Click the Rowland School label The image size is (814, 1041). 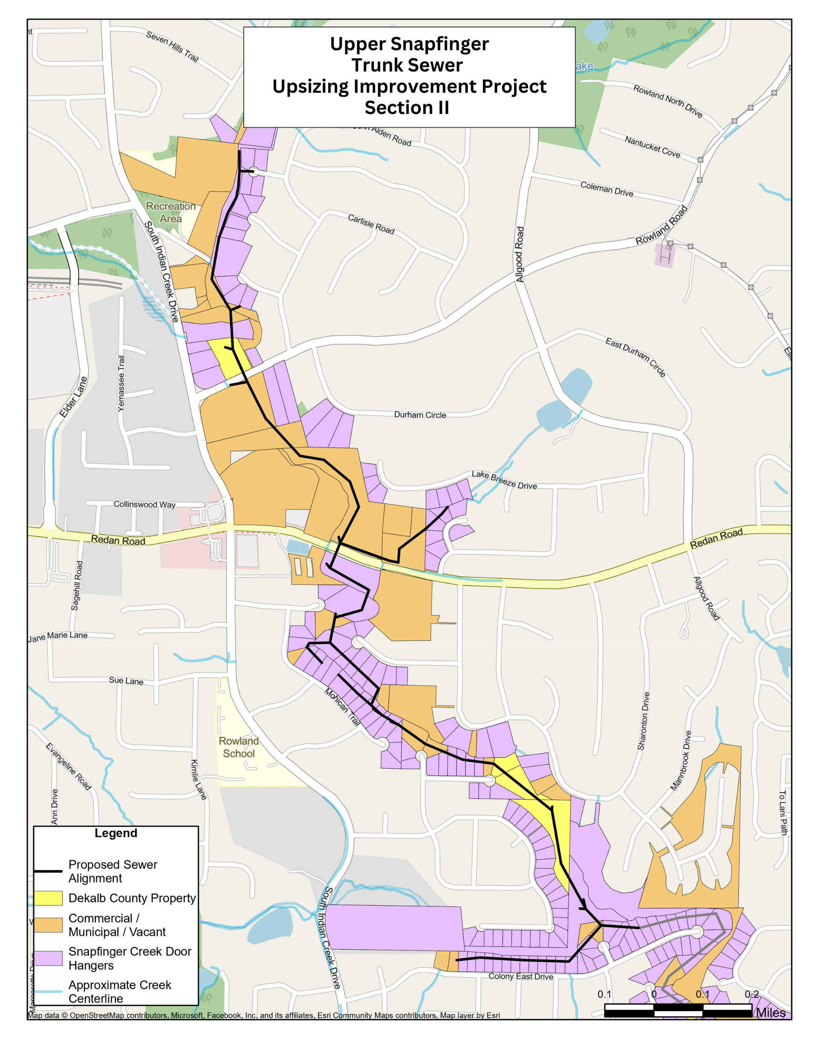click(239, 747)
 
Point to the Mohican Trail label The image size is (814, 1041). click(342, 707)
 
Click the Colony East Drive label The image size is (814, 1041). click(521, 976)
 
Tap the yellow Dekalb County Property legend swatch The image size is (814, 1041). click(48, 898)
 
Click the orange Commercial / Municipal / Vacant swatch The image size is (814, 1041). click(48, 925)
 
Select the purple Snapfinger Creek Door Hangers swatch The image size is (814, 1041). click(48, 958)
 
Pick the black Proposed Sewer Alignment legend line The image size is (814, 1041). click(48, 871)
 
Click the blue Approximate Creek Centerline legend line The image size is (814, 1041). click(48, 992)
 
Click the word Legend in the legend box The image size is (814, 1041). click(116, 833)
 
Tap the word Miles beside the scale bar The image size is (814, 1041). click(771, 1012)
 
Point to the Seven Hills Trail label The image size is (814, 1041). click(172, 47)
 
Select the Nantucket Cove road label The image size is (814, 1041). click(652, 147)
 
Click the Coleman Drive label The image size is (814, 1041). click(607, 189)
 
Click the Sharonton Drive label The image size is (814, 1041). click(643, 721)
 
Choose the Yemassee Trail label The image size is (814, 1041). click(122, 383)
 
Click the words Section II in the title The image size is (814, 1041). click(407, 108)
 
